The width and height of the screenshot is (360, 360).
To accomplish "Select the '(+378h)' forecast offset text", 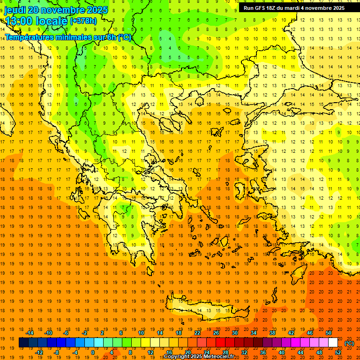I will click(83, 21).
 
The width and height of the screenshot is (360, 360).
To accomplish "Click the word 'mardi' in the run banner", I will click(292, 8).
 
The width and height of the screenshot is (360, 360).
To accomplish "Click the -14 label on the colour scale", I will click(30, 333).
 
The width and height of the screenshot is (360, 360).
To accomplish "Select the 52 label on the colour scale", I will click(338, 352).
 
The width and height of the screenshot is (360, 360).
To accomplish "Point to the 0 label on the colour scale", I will click(93, 352).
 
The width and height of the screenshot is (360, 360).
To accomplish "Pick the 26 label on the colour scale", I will click(216, 333).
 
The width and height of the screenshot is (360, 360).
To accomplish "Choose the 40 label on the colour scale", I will click(282, 352).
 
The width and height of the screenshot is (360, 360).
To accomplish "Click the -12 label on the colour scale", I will click(39, 352).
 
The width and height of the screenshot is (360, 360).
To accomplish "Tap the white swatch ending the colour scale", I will click(333, 343).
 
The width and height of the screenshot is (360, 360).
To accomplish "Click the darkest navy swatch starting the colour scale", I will click(23, 343).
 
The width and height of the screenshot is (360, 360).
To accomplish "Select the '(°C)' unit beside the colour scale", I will click(349, 343).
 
